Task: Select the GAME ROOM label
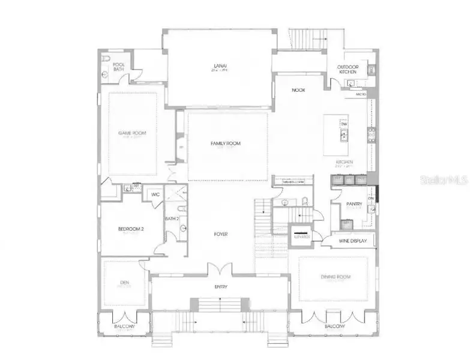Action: [132, 133]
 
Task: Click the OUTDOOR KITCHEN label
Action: [347, 69]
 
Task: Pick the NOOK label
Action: [298, 90]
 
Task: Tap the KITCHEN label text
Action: [344, 162]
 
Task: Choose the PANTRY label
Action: [354, 204]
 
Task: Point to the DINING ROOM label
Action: [335, 277]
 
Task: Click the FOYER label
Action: [220, 234]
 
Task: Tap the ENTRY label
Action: [221, 287]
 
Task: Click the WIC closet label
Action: [155, 194]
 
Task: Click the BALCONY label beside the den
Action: [125, 326]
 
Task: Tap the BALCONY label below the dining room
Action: [335, 326]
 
